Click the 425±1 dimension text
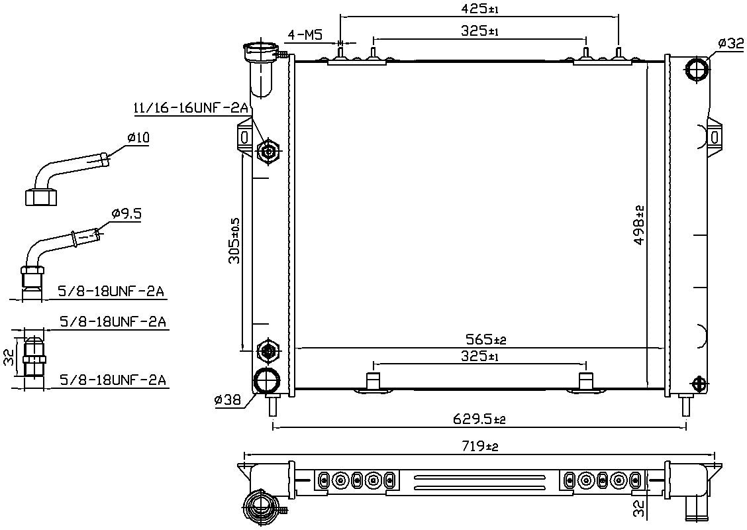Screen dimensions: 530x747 (x=478, y=9)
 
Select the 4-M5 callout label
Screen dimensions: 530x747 (x=305, y=34)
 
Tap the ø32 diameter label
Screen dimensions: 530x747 (x=730, y=44)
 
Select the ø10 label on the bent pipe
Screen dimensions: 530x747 (x=138, y=138)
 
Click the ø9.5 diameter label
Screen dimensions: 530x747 (x=126, y=213)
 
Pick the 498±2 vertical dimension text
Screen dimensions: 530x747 (x=639, y=225)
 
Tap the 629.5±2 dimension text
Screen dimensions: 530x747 (x=479, y=419)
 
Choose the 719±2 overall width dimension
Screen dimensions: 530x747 (x=479, y=447)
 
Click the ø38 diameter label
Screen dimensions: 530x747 (x=228, y=399)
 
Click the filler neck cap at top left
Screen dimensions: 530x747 (x=261, y=50)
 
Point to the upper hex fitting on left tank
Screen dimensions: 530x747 (x=269, y=152)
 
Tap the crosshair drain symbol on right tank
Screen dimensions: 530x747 (x=699, y=384)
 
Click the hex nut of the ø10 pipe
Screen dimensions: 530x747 (x=40, y=197)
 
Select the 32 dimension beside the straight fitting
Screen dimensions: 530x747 (x=8, y=358)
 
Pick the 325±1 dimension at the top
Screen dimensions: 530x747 (x=479, y=30)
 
